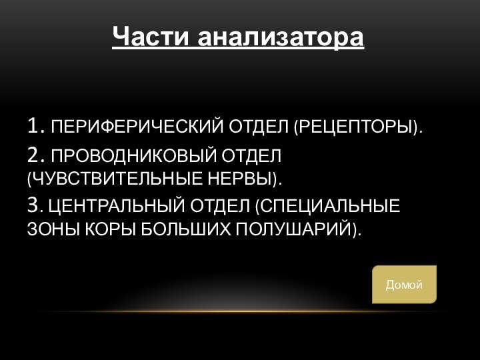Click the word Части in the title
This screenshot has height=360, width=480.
151,36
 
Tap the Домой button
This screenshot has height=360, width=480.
404,285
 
